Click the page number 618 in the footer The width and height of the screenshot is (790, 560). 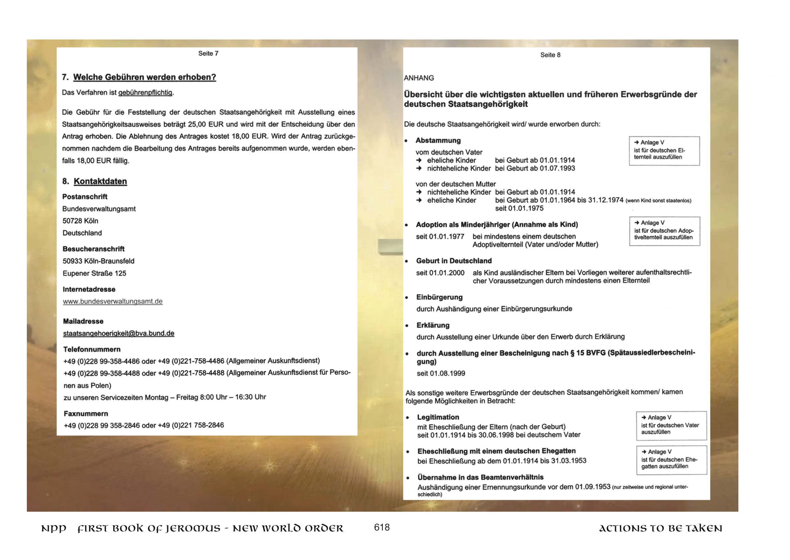(381, 527)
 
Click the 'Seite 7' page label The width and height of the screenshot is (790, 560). (208, 53)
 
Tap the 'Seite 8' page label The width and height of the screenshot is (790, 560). (550, 55)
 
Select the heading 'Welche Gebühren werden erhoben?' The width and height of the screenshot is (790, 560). (144, 77)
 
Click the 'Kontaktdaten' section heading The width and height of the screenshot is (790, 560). (100, 181)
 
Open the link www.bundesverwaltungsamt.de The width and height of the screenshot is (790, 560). (112, 301)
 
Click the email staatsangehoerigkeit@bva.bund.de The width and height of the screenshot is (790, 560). (118, 334)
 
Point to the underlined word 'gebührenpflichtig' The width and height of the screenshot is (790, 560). (145, 93)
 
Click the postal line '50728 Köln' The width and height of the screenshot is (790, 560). (80, 221)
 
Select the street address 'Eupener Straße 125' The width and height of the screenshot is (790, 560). (94, 273)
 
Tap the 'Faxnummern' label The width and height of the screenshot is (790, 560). (86, 413)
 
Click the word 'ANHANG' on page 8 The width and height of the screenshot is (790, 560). (419, 78)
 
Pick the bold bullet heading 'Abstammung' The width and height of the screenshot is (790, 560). (438, 140)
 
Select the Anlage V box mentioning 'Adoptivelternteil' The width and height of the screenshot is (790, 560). (664, 231)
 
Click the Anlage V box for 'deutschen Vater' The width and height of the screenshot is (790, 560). (671, 425)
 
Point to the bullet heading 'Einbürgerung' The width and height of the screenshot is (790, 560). (439, 297)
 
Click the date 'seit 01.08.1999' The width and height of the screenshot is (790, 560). (441, 373)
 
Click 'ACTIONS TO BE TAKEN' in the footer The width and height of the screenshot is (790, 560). (660, 529)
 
